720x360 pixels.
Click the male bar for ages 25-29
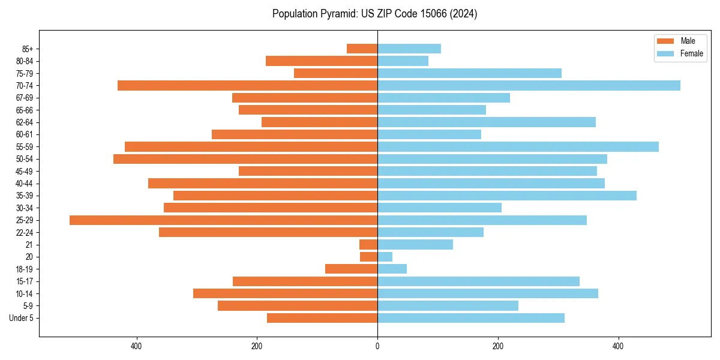pos(223,220)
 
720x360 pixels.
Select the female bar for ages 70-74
pos(529,86)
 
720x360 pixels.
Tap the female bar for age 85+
pos(409,49)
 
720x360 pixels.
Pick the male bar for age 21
pos(368,245)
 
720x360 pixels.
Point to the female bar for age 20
pos(385,257)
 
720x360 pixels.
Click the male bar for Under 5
pos(322,318)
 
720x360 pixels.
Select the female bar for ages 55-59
pos(518,147)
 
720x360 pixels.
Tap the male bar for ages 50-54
pos(245,159)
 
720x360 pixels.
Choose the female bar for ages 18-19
pos(392,269)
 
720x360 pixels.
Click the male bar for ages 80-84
pos(322,61)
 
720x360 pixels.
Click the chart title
pos(374,14)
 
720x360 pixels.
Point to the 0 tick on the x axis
pos(377,346)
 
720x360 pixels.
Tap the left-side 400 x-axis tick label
pos(136,346)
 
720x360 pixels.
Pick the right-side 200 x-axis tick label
pos(497,346)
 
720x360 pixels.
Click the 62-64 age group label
pos(25,122)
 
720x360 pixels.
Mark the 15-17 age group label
pos(25,281)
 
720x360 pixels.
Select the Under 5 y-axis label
pos(22,318)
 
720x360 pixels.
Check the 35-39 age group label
pos(25,196)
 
